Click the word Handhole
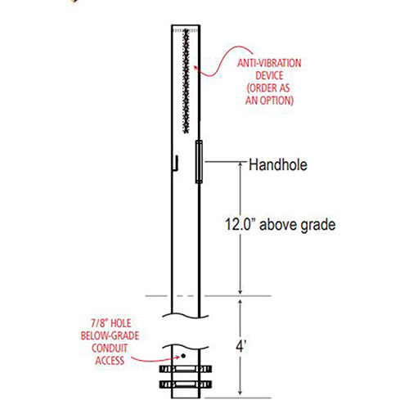pyautogui.click(x=277, y=165)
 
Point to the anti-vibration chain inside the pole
pyautogui.click(x=187, y=82)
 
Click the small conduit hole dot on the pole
pyautogui.click(x=184, y=357)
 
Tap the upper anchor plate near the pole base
pyautogui.click(x=186, y=369)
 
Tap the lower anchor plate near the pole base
pyautogui.click(x=186, y=383)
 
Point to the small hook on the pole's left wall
pyautogui.click(x=174, y=165)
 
